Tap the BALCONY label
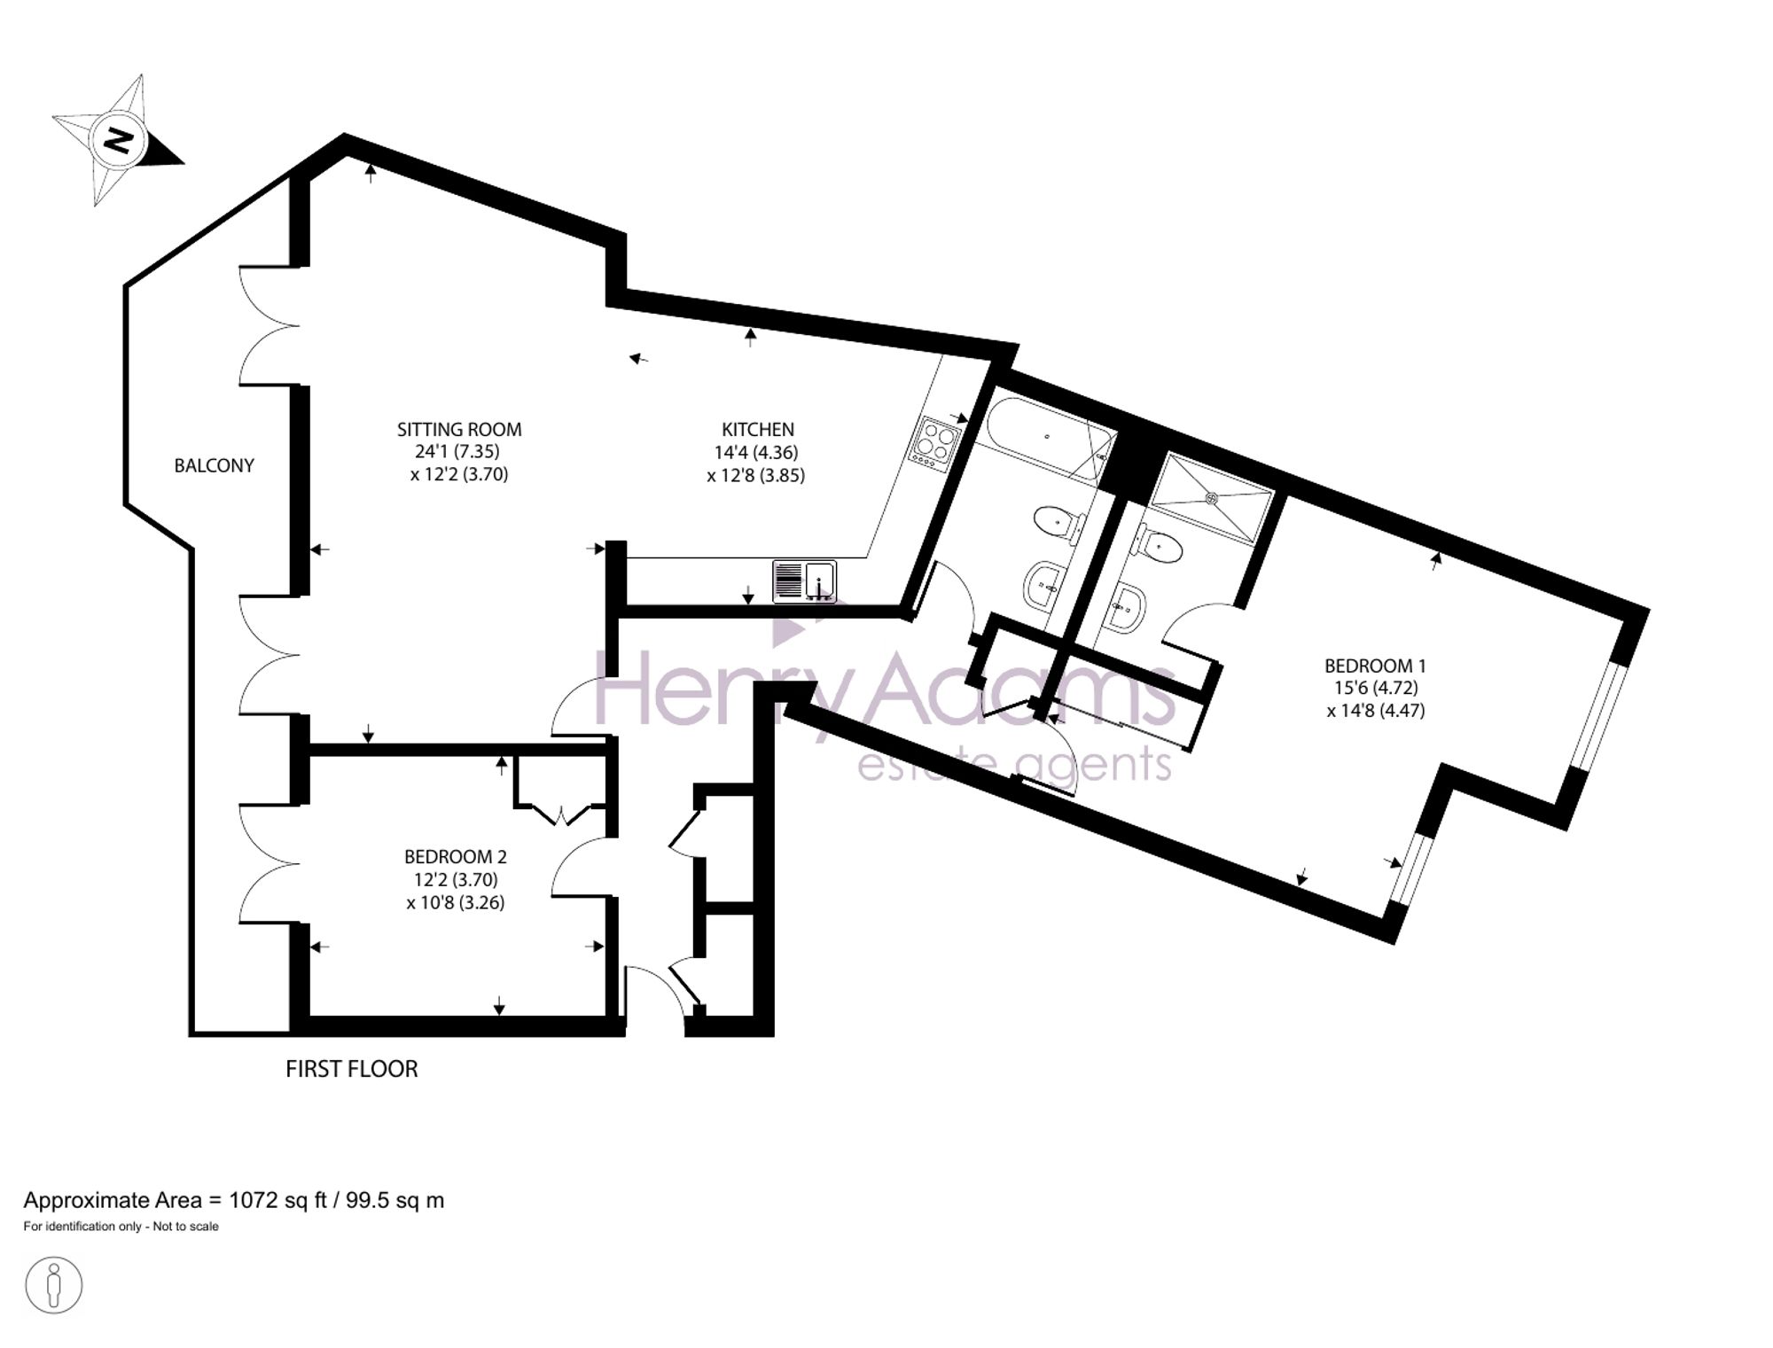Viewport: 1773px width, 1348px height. tap(214, 466)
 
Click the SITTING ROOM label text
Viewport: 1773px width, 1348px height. tap(459, 430)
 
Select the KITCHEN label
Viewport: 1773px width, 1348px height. tap(757, 430)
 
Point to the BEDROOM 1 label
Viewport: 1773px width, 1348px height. tap(1375, 666)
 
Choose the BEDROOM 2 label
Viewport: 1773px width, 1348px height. tap(456, 857)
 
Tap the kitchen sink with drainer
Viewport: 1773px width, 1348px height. tap(805, 581)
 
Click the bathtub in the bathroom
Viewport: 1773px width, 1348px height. tap(1050, 439)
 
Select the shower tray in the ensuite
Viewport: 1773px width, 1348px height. tap(1212, 498)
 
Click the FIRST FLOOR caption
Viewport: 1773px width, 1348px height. tap(351, 1069)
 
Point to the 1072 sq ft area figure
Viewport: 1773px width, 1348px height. tap(278, 1200)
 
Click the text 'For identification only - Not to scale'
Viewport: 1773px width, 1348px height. tap(121, 1227)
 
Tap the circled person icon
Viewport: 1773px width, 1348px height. tap(54, 1285)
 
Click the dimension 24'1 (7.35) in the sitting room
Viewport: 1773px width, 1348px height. tap(457, 452)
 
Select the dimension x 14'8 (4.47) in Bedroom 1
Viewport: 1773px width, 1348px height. tap(1376, 711)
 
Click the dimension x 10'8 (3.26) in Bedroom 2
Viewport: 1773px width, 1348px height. tap(456, 903)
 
